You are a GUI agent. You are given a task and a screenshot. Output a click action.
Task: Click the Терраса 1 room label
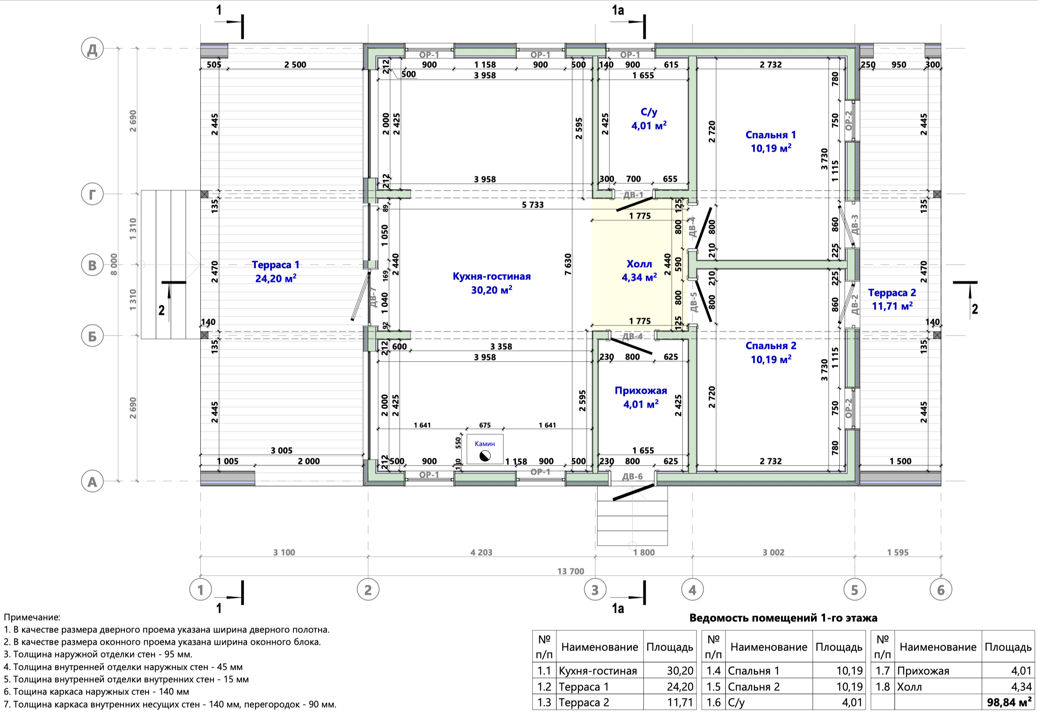point(275,265)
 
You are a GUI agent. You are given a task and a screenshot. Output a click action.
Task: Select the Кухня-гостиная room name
point(491,277)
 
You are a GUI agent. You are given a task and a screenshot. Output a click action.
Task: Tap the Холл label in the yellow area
point(639,264)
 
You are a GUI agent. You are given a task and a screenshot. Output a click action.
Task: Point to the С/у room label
point(649,112)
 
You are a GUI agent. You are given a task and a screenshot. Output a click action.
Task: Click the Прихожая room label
point(641,391)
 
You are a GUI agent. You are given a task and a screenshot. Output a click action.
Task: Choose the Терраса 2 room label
point(892,293)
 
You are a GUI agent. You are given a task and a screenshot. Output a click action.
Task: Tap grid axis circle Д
point(92,49)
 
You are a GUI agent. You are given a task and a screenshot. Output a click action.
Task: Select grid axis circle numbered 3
point(595,590)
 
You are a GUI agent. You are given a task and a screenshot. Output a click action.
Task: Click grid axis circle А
point(92,482)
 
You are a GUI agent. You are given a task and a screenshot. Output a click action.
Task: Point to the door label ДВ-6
point(632,477)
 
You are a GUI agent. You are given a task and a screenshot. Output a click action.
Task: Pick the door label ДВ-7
point(374,297)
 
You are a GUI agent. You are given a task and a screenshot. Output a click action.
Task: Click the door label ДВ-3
point(854,224)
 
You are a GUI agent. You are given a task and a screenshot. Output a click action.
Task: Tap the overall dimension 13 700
point(571,571)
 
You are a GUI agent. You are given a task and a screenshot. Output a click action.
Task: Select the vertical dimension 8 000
point(114,264)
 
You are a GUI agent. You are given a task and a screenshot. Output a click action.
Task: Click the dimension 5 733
point(533,205)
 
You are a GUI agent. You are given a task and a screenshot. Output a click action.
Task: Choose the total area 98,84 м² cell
point(1009,702)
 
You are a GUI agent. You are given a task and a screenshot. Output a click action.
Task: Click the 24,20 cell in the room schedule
point(680,687)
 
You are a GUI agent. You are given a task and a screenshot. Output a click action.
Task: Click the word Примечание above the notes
point(32,617)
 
